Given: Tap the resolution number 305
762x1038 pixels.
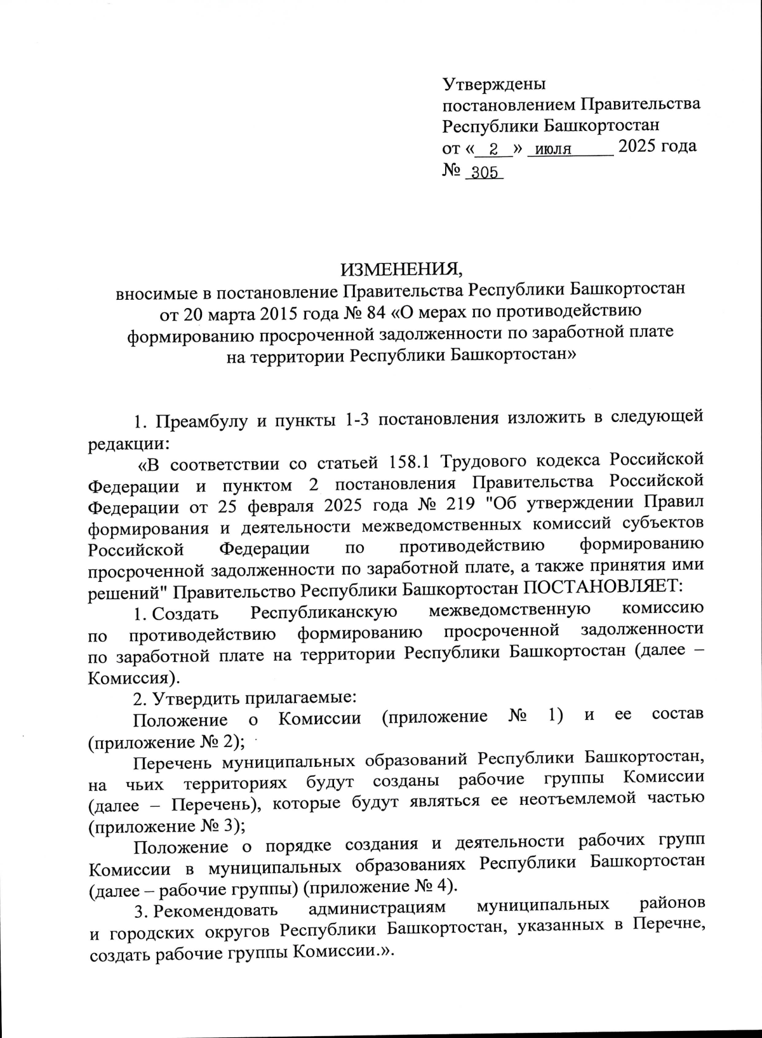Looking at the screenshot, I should (x=484, y=173).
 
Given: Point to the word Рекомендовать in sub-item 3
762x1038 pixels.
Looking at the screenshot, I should (x=215, y=909).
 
